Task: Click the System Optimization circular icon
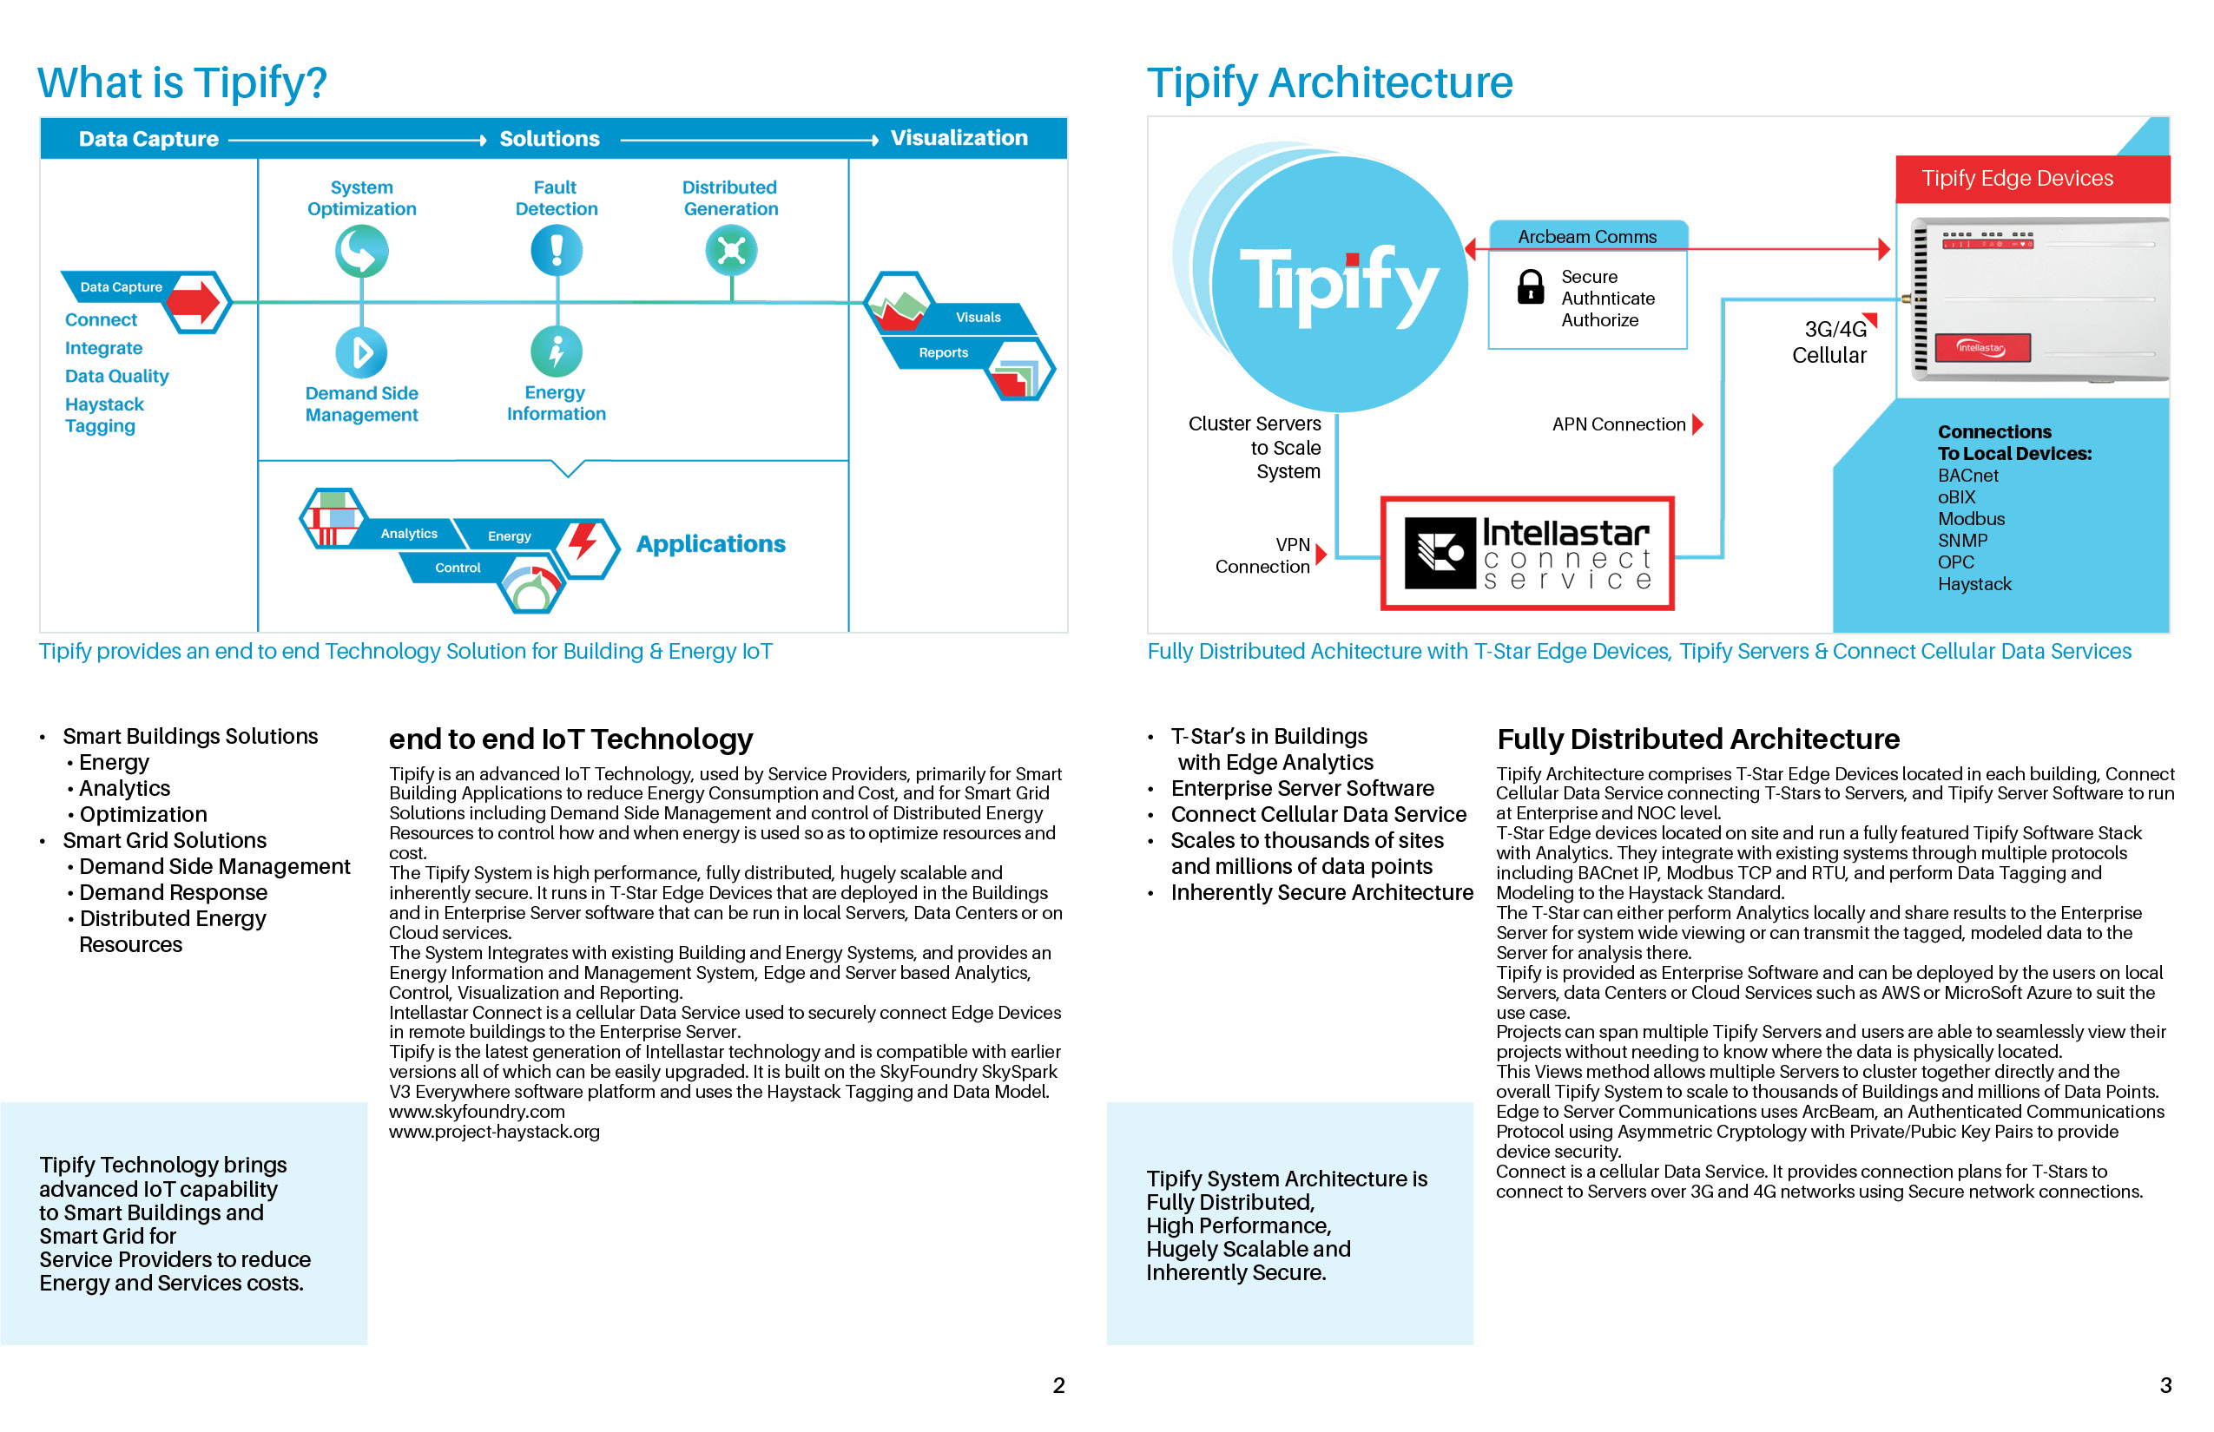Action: (x=361, y=251)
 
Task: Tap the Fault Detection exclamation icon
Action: (x=557, y=250)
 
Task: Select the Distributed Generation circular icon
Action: (x=731, y=250)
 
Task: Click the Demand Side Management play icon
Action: (x=361, y=352)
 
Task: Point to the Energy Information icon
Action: (x=557, y=351)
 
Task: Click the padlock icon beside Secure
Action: (x=1530, y=287)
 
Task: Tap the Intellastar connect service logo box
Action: (x=1527, y=554)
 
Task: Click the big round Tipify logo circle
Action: (x=1339, y=283)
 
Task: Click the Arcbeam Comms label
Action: (x=1587, y=237)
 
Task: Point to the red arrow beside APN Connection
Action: (x=1697, y=424)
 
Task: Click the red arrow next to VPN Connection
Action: (x=1321, y=555)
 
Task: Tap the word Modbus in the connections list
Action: (x=1970, y=519)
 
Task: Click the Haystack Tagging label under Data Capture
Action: (x=103, y=415)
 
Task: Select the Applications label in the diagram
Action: (x=711, y=544)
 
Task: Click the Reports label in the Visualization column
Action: (x=943, y=352)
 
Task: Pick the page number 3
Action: (x=2165, y=1385)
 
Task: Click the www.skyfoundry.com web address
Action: (x=477, y=1112)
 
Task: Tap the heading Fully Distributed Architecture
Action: (x=1697, y=739)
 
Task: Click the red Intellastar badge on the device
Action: (x=1981, y=348)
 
